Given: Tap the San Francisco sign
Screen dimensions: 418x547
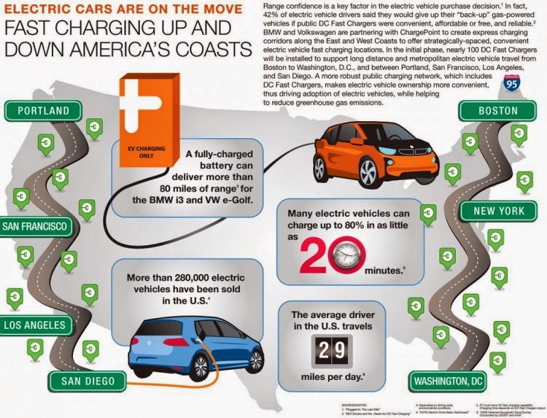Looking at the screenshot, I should tap(35, 226).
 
